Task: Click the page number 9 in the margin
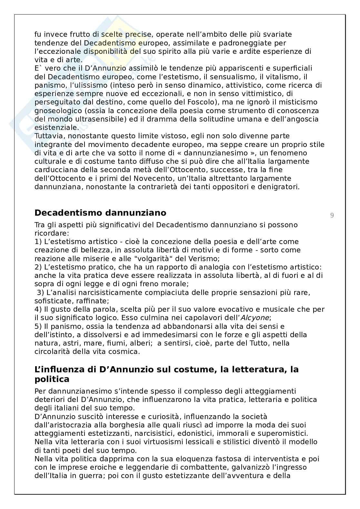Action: (332, 215)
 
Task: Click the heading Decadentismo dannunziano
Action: (100, 213)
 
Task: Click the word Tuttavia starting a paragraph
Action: (47, 136)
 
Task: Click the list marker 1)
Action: (39, 241)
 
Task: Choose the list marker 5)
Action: (39, 326)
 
